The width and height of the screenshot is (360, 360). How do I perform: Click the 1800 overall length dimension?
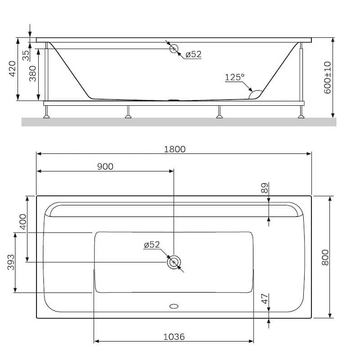tap(175, 149)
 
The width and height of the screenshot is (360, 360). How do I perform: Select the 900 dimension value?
tap(105, 166)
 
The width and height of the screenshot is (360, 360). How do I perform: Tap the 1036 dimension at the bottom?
tap(174, 337)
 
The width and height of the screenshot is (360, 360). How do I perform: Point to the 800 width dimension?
tap(326, 257)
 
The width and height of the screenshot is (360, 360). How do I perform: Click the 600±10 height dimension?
tap(327, 77)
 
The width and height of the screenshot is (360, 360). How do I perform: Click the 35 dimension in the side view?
tap(26, 55)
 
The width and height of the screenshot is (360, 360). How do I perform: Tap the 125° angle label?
tap(234, 77)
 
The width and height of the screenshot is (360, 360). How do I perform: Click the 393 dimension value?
tap(11, 262)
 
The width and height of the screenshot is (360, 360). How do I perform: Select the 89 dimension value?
tap(265, 188)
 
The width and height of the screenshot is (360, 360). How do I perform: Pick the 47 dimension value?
tap(265, 298)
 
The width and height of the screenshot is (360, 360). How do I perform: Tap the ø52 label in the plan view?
tap(152, 245)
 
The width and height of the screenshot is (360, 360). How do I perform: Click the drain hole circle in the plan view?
tap(174, 262)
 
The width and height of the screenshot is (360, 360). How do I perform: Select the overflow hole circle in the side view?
tap(174, 49)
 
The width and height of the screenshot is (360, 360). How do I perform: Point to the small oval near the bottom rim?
tap(174, 306)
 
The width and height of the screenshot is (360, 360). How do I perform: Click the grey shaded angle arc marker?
tap(255, 94)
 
